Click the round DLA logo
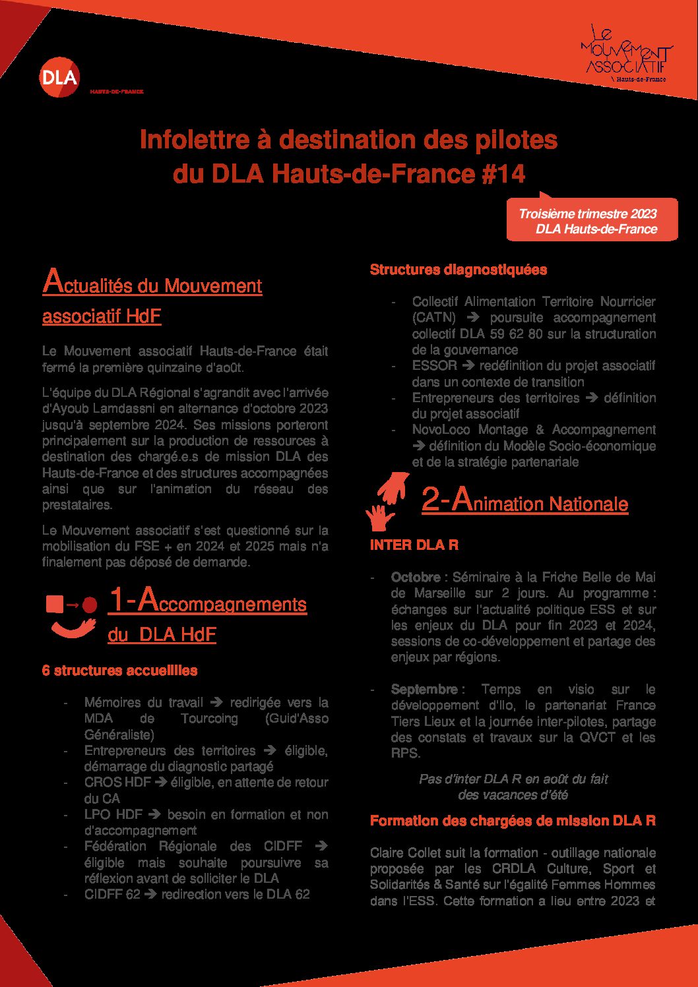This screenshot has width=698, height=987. point(59,77)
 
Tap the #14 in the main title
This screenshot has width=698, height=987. point(503,174)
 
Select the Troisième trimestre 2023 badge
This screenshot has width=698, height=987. point(591,221)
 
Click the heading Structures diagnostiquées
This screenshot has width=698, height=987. point(458,270)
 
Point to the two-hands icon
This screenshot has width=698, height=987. point(388,500)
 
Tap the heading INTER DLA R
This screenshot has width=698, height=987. point(414,545)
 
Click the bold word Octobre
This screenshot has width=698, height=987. point(416,578)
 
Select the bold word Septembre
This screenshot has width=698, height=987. point(424,690)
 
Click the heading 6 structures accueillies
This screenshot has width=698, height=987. point(119,671)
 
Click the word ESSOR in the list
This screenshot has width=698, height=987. point(434,366)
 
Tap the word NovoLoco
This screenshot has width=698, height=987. point(441,430)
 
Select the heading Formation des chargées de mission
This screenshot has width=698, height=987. point(513,821)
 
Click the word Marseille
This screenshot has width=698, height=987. point(439,593)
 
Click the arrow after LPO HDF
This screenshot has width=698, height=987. point(155,815)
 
